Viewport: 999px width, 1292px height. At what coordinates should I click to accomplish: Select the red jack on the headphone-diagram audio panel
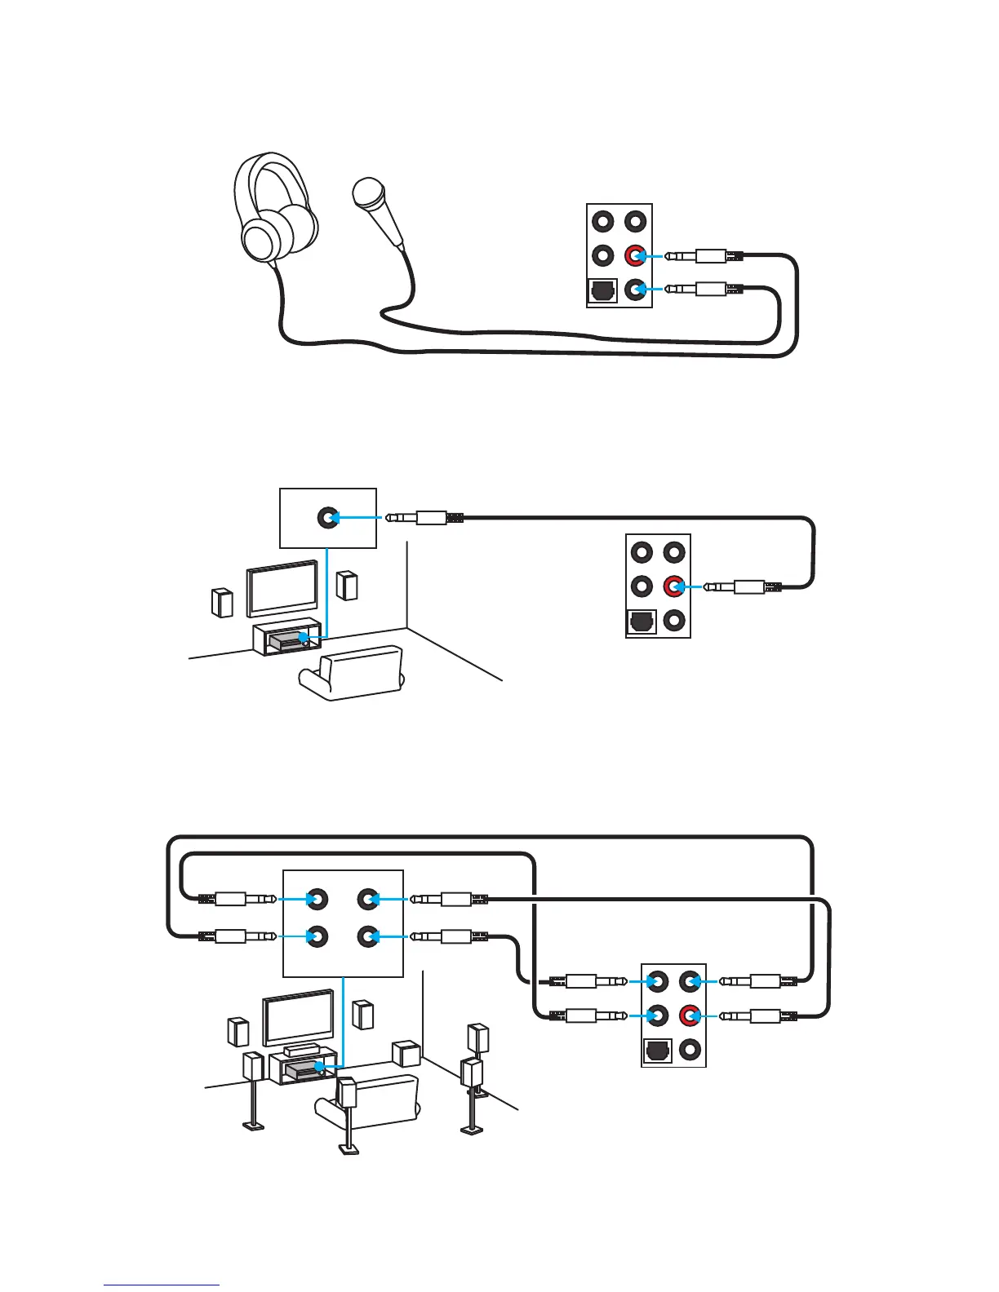coord(635,256)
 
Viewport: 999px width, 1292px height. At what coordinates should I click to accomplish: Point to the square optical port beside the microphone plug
coord(602,291)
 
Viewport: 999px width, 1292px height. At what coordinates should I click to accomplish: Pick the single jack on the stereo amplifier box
coord(328,517)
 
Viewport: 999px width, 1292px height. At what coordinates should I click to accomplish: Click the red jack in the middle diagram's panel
coord(673,586)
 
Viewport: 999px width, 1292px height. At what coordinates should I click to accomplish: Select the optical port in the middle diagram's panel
coord(642,622)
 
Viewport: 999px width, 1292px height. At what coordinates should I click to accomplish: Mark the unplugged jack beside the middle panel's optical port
coord(673,622)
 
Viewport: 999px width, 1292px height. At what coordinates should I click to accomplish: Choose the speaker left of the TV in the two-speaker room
coord(220,602)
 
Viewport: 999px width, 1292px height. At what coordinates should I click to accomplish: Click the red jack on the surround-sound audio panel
coord(690,1016)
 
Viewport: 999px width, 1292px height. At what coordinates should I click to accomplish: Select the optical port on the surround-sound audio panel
coord(658,1051)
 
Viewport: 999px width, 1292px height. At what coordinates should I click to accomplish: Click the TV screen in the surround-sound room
coord(297,1017)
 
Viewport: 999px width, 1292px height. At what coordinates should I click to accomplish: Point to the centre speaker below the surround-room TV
coord(301,1050)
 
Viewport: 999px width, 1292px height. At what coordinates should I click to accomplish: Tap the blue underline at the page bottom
coord(161,1285)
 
